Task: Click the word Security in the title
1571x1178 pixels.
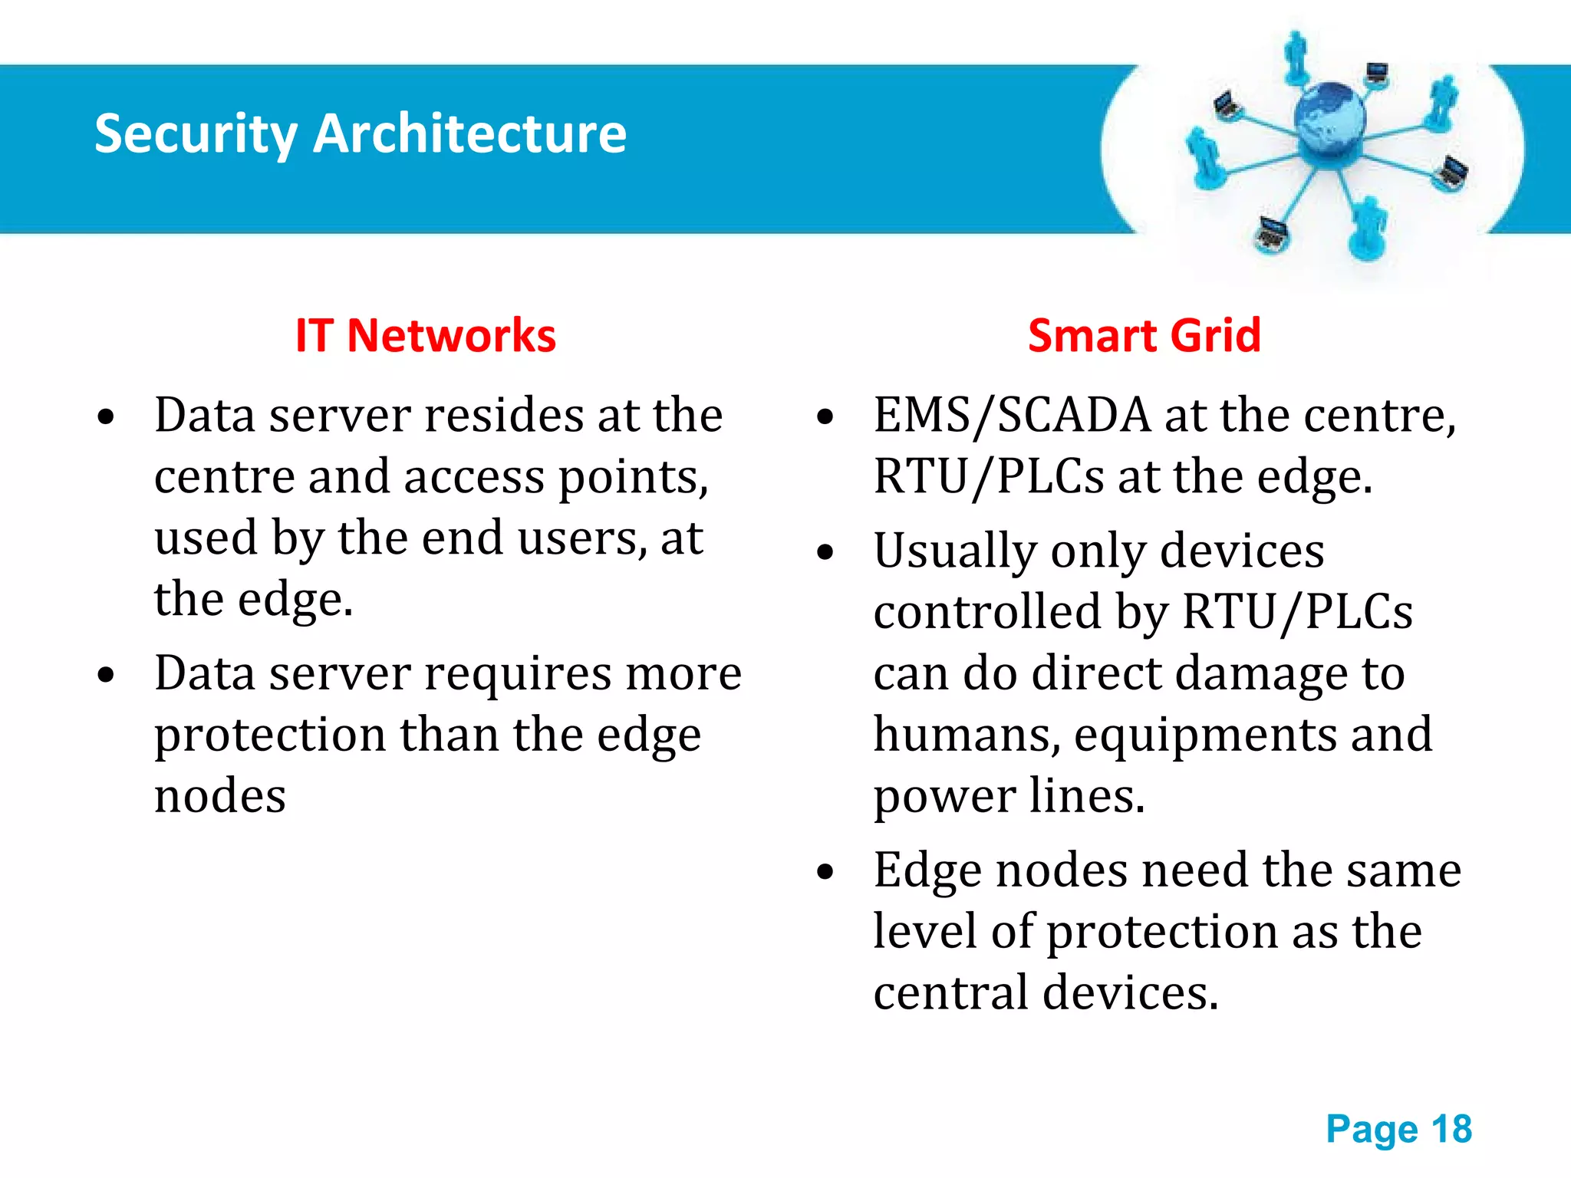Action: (x=196, y=134)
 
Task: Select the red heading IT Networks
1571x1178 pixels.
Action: (x=426, y=336)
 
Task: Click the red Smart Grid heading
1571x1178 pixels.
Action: (x=1144, y=336)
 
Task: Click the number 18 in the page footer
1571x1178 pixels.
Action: (x=1451, y=1130)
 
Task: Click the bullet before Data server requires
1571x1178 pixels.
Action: (x=106, y=675)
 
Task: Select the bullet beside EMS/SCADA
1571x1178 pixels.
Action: (x=825, y=417)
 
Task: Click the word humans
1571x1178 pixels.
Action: (x=967, y=735)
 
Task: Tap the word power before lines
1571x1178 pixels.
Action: (x=944, y=798)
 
